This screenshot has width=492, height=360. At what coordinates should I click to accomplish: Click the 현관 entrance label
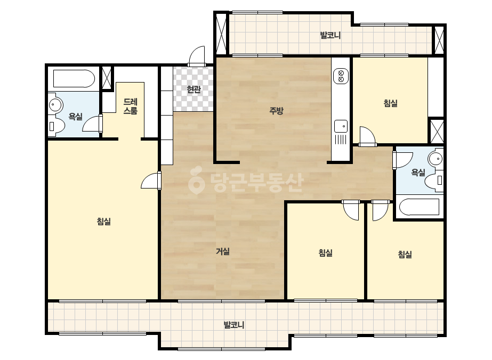(193, 89)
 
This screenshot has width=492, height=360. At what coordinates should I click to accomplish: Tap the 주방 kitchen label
(277, 110)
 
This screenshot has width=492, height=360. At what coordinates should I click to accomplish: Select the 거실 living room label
(223, 251)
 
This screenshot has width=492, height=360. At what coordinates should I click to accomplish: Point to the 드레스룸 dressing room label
(130, 107)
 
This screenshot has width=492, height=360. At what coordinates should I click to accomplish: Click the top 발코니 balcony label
(330, 35)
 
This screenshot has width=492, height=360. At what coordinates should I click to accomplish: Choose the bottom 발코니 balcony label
(234, 325)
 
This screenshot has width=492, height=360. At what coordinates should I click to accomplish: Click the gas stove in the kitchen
(341, 76)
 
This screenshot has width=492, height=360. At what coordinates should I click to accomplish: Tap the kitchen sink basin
(341, 126)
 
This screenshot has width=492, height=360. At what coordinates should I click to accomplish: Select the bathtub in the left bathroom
(74, 79)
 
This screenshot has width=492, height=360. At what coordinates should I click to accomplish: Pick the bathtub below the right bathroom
(419, 207)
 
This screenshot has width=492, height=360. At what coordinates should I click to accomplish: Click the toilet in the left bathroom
(57, 126)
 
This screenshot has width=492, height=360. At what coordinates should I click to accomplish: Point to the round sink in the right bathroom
(436, 159)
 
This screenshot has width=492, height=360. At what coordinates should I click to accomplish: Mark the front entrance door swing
(197, 56)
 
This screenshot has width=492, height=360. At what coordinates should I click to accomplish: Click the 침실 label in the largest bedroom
(104, 222)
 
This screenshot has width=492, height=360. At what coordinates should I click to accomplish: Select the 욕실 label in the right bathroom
(418, 173)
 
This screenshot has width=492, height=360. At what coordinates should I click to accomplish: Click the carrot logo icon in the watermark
(196, 181)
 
